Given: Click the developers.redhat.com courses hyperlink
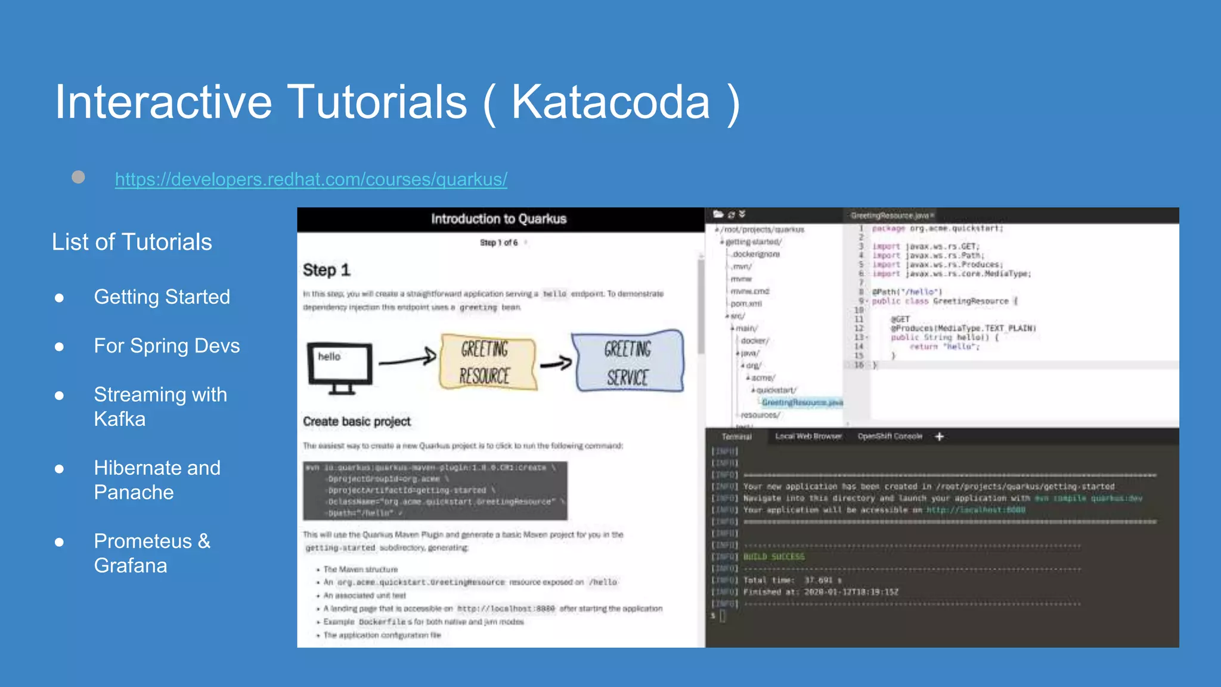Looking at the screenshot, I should (x=311, y=180).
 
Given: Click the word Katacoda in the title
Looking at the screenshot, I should (x=610, y=102).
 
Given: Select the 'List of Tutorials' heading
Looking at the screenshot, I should (x=132, y=242).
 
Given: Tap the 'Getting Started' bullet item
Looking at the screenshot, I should (x=162, y=297).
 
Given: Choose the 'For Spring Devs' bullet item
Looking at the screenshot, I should (x=166, y=346).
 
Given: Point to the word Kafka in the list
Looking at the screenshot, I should (x=120, y=419).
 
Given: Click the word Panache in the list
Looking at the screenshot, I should (x=134, y=493).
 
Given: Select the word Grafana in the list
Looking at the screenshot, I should (x=131, y=566).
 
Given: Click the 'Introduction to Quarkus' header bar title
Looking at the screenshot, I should (x=498, y=219).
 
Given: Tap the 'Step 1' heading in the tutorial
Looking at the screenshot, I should (x=326, y=270).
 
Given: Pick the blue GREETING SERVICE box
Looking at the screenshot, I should (x=628, y=362).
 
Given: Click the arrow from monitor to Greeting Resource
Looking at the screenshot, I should (x=407, y=360).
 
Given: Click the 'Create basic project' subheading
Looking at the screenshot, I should (x=357, y=422).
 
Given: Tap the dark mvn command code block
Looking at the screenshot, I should (x=435, y=490).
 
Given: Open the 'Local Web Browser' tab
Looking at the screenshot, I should (x=808, y=437).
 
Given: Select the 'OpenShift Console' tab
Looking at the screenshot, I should (x=890, y=437).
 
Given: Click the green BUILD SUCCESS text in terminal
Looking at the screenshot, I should (x=773, y=557).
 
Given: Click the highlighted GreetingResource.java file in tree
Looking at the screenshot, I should (x=802, y=403).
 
